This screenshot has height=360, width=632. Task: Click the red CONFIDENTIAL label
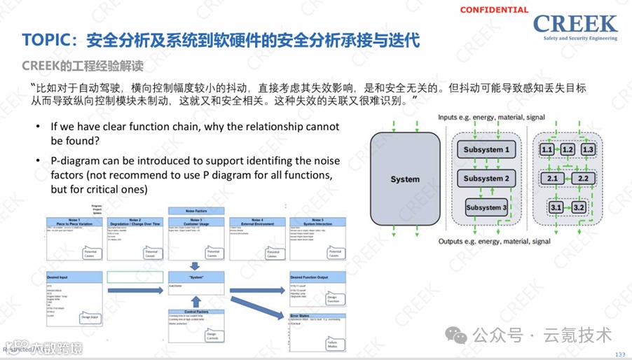coord(494,10)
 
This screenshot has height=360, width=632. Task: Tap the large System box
coord(404,179)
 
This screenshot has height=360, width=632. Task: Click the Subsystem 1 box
coord(486,150)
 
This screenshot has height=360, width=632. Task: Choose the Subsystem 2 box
coord(486,179)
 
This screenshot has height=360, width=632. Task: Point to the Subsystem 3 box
coord(486,207)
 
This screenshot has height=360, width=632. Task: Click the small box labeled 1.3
coord(588,150)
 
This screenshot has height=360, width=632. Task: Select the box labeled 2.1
coord(552,179)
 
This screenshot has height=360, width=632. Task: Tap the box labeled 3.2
coord(578,207)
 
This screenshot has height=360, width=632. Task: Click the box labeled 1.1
coord(547,150)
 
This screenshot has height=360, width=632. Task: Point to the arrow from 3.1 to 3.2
coord(567,207)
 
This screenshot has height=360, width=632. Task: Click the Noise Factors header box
coord(198,210)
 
